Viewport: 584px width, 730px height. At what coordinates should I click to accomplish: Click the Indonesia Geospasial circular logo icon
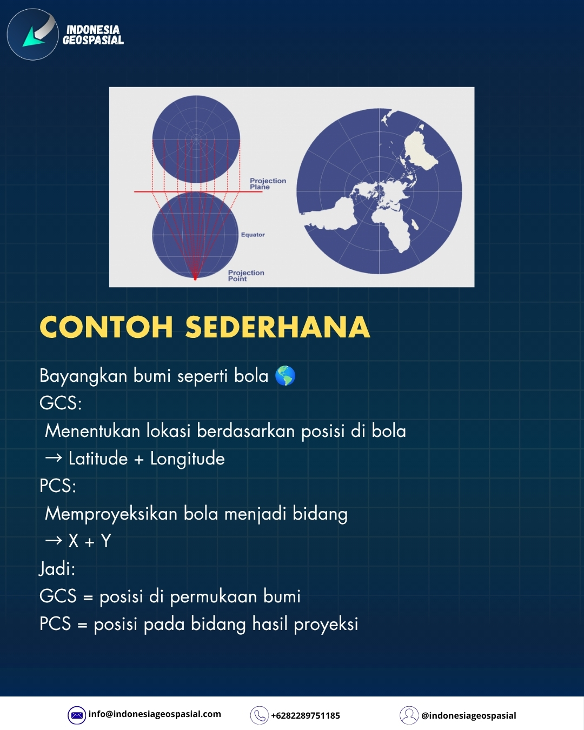click(32, 34)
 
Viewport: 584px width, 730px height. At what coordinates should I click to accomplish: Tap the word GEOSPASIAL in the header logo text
click(93, 40)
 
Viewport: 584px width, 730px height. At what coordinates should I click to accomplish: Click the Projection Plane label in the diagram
click(268, 183)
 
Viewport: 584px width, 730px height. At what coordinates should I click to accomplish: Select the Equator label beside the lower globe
click(253, 234)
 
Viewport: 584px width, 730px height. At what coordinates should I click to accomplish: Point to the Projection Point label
click(246, 275)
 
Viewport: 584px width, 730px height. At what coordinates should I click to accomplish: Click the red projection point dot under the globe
click(195, 278)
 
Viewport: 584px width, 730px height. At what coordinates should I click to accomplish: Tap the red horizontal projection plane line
click(198, 191)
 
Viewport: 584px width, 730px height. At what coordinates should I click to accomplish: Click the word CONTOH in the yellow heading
click(107, 327)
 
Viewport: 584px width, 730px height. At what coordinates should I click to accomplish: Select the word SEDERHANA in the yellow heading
click(277, 327)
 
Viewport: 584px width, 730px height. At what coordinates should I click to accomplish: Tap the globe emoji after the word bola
click(285, 375)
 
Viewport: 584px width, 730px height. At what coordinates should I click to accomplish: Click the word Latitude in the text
click(98, 459)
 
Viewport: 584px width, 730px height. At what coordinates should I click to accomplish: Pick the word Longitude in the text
click(188, 459)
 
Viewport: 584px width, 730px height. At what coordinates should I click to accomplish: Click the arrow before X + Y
click(54, 540)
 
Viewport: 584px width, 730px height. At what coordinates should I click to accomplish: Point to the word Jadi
click(56, 569)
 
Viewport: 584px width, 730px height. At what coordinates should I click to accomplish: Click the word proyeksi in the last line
click(326, 625)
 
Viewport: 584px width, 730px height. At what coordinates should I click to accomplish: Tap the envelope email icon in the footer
click(77, 715)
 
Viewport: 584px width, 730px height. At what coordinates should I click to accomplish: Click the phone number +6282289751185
click(306, 715)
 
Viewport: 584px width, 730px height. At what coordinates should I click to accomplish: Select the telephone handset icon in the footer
click(259, 715)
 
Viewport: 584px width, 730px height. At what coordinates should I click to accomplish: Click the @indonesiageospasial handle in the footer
click(469, 715)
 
